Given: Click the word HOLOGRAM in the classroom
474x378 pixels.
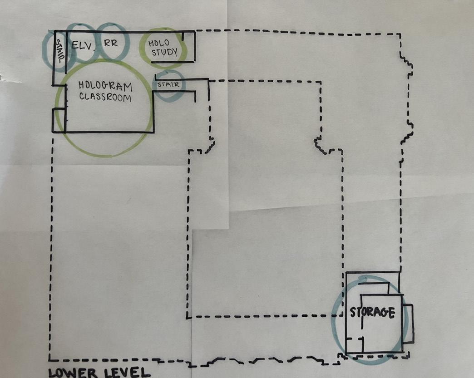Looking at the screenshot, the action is tap(105, 86).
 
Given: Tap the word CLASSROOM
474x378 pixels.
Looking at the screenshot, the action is tap(105, 97).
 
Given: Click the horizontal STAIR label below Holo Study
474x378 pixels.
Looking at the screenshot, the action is tap(169, 84).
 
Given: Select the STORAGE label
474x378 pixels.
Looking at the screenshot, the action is tap(372, 312).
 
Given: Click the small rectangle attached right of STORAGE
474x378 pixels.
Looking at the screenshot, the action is tap(408, 323).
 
